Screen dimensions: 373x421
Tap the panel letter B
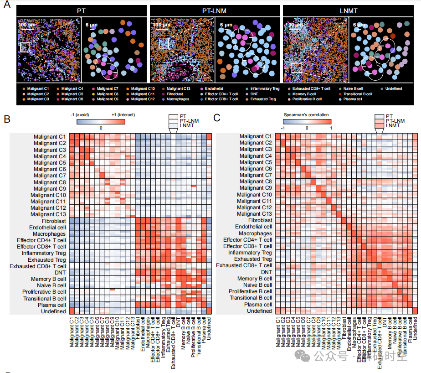pyautogui.click(x=7, y=119)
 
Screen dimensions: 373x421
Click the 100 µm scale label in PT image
pyautogui.click(x=27, y=25)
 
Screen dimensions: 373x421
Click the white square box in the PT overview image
pyautogui.click(x=25, y=47)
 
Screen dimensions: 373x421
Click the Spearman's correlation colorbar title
pyautogui.click(x=306, y=115)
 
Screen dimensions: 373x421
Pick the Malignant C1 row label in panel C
pyautogui.click(x=255, y=136)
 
